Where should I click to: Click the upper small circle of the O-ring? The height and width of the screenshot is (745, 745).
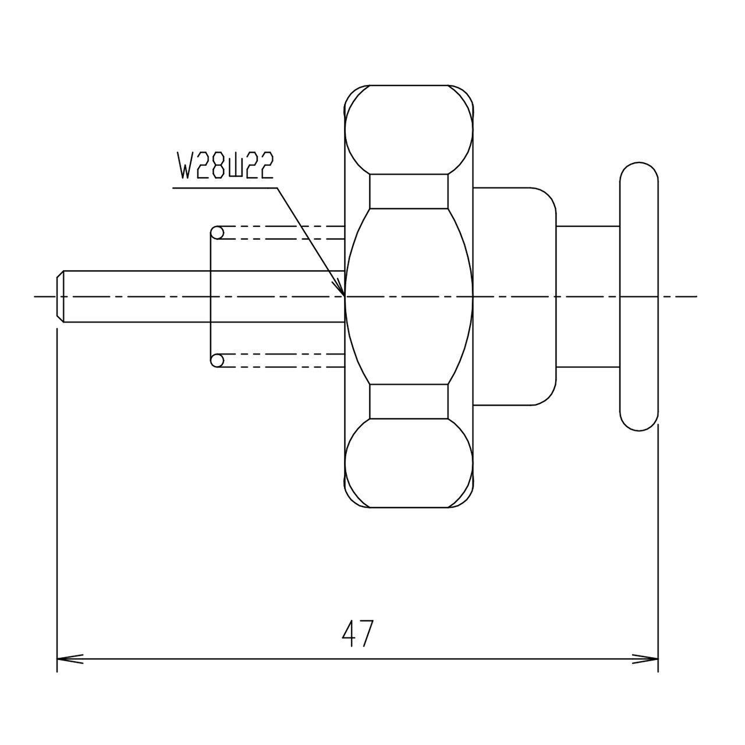click(217, 233)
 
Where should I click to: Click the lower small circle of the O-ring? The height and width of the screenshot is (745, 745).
click(217, 360)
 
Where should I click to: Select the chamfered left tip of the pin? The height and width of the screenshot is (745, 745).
click(61, 296)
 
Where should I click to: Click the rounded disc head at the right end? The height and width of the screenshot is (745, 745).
click(638, 296)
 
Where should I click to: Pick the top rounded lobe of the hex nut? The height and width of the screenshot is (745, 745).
click(409, 130)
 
